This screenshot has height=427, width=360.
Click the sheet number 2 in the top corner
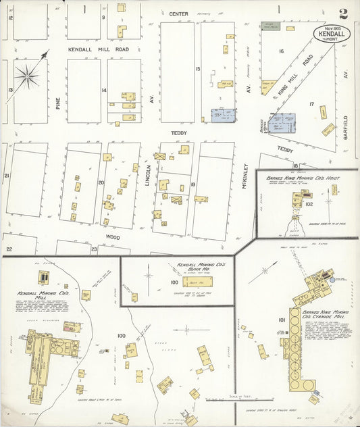click(x=344, y=13)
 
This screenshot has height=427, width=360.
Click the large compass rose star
click(x=28, y=76)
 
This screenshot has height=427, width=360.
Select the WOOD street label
click(x=112, y=237)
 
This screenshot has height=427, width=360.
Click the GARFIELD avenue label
click(x=344, y=125)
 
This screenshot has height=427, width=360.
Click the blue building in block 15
click(x=223, y=116)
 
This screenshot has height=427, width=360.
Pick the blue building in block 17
click(x=282, y=122)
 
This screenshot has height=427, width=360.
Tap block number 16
click(x=281, y=51)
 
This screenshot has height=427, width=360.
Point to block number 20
click(x=101, y=182)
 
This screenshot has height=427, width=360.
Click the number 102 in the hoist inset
click(x=309, y=203)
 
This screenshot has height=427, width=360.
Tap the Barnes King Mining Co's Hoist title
click(x=302, y=178)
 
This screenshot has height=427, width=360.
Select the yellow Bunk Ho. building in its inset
click(x=197, y=282)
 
